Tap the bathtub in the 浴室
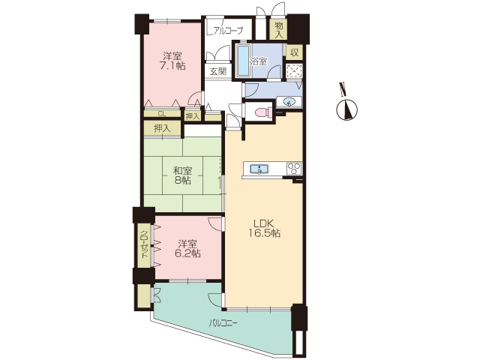244,61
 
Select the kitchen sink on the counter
259,169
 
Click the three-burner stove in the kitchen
294,169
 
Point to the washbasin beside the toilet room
289,102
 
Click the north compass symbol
347,110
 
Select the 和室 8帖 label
183,175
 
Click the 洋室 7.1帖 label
172,61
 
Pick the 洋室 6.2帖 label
187,249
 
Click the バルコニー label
223,323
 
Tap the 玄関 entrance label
218,71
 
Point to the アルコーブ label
226,30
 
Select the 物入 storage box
278,30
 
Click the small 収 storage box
294,52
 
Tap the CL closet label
162,114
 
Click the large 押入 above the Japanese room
162,128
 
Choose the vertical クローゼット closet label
143,246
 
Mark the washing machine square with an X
295,72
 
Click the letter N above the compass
343,88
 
